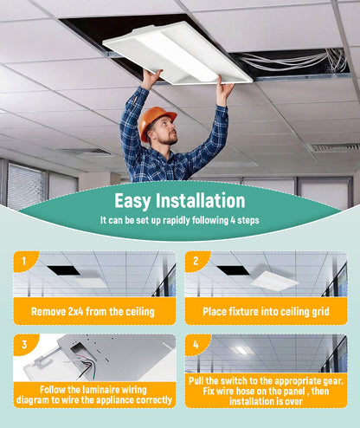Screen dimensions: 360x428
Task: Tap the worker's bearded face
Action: tap(166, 131)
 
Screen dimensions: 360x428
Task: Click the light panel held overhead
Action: tap(177, 55)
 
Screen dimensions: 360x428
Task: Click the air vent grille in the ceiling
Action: tap(334, 147)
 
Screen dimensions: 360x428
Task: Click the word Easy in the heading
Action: tap(132, 200)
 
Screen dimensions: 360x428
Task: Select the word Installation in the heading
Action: tap(201, 200)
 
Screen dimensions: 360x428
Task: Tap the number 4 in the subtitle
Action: tap(233, 220)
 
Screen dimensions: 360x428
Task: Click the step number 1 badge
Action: tap(24, 261)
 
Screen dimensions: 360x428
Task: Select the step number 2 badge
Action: tap(196, 261)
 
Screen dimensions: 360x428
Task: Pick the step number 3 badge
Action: tap(24, 344)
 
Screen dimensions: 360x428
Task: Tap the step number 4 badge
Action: tap(196, 344)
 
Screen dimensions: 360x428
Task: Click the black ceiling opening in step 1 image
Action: tap(64, 270)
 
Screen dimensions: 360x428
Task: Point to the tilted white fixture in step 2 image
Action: tap(274, 281)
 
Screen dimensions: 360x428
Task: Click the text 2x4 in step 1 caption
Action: tap(75, 312)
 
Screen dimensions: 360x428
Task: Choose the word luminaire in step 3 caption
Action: tap(100, 390)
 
